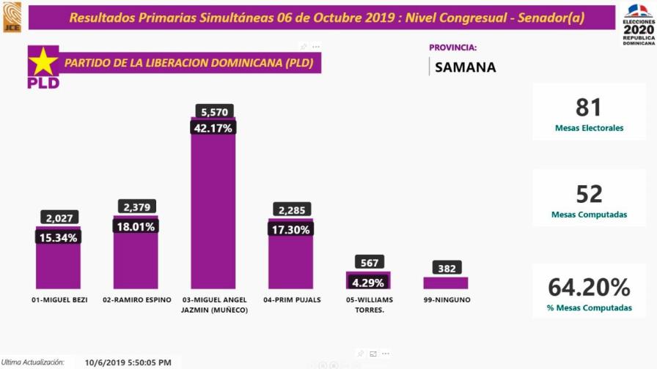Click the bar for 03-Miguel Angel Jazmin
point(213,212)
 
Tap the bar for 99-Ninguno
point(445,283)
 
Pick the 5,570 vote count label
point(214,111)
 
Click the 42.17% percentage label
point(213,127)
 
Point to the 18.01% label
point(135,226)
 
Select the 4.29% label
point(368,281)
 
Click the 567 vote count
point(368,262)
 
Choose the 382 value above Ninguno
point(445,268)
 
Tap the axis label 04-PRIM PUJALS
point(291,300)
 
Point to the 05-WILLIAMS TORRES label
point(368,305)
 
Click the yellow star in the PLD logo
point(43,61)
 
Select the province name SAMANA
point(465,67)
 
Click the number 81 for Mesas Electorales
point(589,108)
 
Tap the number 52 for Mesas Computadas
point(589,194)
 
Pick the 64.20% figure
point(589,286)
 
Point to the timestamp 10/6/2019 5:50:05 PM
point(128,362)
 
